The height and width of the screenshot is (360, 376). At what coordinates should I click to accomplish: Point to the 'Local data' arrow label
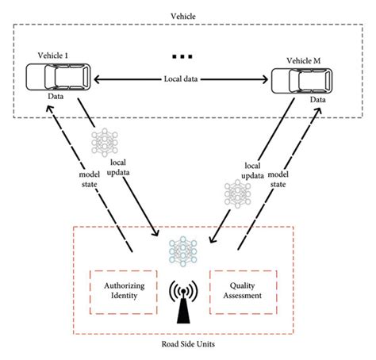click(180, 79)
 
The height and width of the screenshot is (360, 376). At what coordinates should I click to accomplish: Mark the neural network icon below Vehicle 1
click(106, 143)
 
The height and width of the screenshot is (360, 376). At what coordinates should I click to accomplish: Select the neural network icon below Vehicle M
click(236, 195)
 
